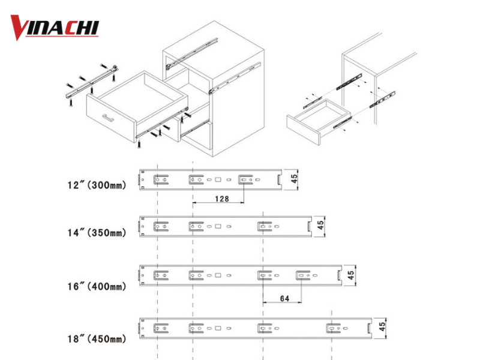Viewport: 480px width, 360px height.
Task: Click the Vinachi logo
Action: (x=55, y=28)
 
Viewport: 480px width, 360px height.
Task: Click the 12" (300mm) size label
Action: (x=97, y=185)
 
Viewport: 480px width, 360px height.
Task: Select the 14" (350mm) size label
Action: (x=97, y=232)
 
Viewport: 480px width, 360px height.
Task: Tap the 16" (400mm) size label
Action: (x=97, y=287)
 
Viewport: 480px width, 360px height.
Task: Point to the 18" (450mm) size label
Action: (x=97, y=339)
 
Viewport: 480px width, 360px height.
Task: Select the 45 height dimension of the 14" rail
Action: (x=321, y=226)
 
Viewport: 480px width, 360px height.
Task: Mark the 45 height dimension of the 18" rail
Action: (x=380, y=328)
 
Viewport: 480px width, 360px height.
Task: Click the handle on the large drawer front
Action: (x=109, y=118)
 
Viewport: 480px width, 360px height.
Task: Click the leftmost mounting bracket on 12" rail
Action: (x=160, y=179)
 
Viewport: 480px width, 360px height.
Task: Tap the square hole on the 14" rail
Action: (x=219, y=226)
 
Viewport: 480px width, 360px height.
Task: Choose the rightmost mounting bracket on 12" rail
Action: (x=245, y=179)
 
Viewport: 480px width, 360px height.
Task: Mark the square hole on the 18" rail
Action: (x=219, y=328)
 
